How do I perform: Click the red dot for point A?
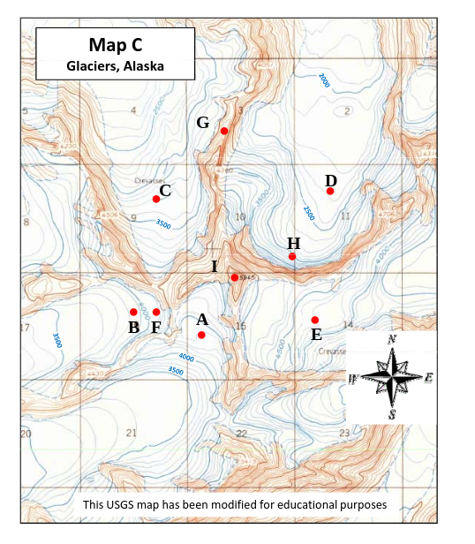[201, 335]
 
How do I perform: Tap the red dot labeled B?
[133, 312]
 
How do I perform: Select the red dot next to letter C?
[156, 199]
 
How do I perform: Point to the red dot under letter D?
[330, 191]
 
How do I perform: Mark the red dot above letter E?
[315, 320]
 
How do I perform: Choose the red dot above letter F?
[156, 312]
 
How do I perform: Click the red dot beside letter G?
[224, 131]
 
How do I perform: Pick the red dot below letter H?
[292, 257]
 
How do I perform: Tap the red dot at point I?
[234, 277]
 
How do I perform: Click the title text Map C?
[115, 44]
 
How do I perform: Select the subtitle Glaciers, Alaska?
[115, 65]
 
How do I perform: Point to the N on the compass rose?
[392, 339]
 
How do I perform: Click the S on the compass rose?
[392, 414]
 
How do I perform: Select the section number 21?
[132, 433]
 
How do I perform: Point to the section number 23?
[343, 433]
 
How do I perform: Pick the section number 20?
[26, 434]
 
